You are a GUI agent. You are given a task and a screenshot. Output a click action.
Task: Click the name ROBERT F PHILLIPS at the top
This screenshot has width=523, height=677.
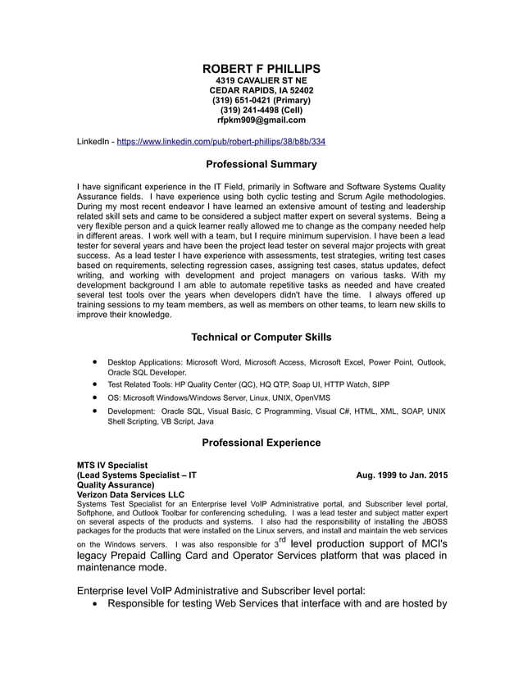pyautogui.click(x=261, y=68)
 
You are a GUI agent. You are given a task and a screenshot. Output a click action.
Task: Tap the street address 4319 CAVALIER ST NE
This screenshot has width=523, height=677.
pyautogui.click(x=261, y=80)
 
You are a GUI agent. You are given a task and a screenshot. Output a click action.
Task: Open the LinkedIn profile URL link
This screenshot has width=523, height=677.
pyautogui.click(x=221, y=142)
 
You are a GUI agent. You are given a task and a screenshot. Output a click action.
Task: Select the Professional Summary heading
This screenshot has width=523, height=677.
pyautogui.click(x=261, y=164)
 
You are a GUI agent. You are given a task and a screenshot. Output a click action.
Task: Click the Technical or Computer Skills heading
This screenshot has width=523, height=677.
pyautogui.click(x=261, y=337)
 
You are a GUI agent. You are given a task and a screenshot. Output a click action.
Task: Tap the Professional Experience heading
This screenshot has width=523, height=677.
pyautogui.click(x=261, y=443)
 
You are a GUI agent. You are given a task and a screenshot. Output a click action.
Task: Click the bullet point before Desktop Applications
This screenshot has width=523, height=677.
pyautogui.click(x=97, y=361)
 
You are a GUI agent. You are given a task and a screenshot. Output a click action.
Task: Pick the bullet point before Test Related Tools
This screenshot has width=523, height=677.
pyautogui.click(x=97, y=384)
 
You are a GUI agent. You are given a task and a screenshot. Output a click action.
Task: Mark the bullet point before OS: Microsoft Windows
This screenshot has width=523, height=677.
pyautogui.click(x=97, y=397)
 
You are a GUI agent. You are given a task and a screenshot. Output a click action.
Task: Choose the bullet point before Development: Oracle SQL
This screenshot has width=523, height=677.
pyautogui.click(x=97, y=410)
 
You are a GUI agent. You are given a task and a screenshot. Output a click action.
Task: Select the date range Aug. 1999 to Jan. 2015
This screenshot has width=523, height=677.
pyautogui.click(x=402, y=475)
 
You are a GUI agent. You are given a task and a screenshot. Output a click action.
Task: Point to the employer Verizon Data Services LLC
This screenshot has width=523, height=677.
pyautogui.click(x=130, y=494)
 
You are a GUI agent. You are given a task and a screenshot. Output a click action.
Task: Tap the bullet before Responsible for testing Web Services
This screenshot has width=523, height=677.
pyautogui.click(x=98, y=606)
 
